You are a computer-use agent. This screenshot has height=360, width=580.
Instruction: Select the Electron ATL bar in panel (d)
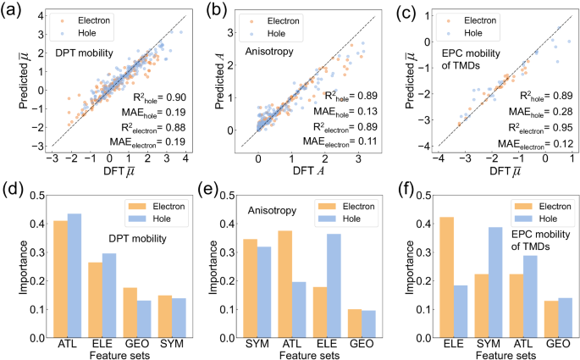59,279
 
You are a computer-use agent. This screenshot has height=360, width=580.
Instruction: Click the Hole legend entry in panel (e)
362,219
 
